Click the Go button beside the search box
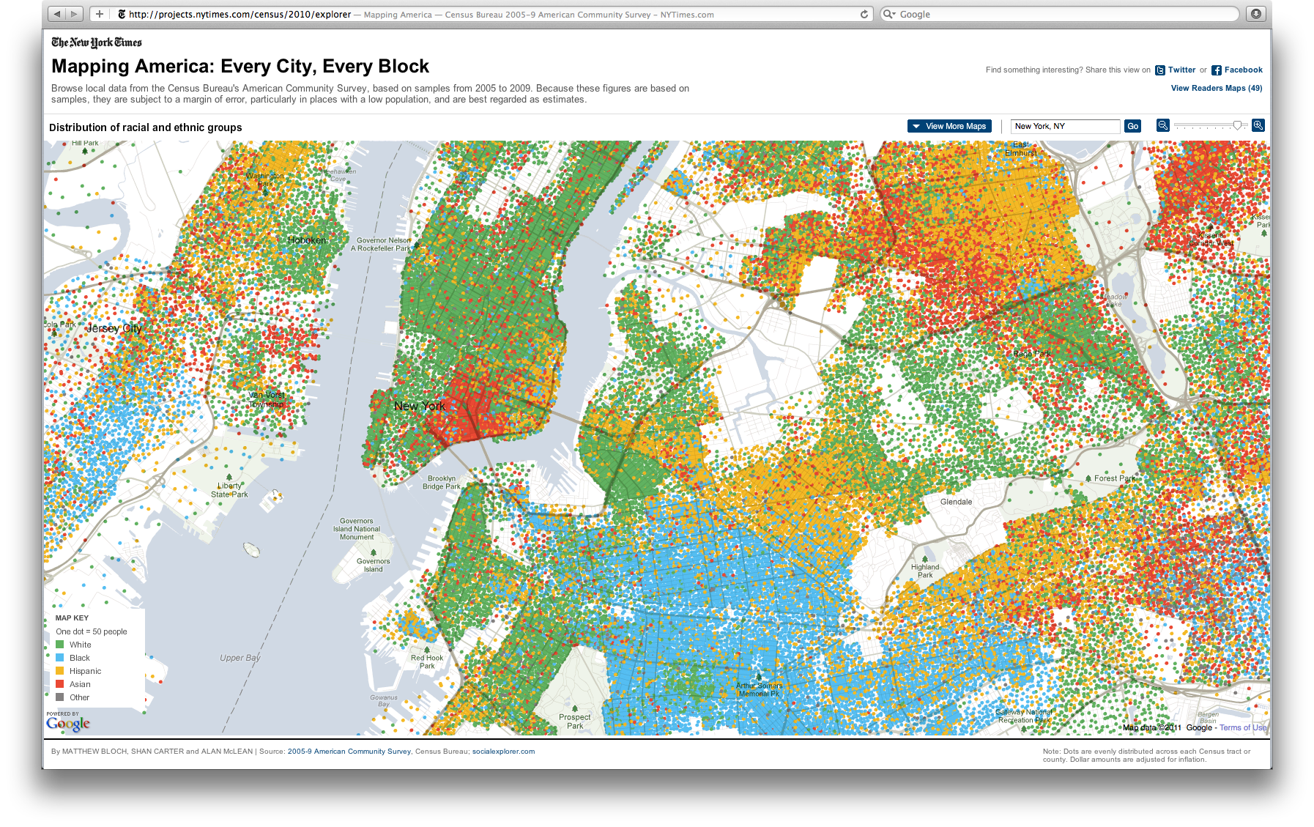point(1132,126)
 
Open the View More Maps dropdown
point(949,126)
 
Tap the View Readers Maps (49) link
point(1216,88)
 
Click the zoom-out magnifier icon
point(1162,125)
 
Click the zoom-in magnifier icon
point(1258,125)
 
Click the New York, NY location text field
point(1065,126)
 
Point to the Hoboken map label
point(307,240)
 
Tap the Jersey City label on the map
point(114,328)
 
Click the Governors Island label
point(373,565)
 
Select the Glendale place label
point(956,502)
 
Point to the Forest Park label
point(1114,478)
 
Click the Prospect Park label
point(574,722)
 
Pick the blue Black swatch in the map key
point(60,658)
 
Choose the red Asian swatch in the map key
point(60,684)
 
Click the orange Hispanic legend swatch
point(60,671)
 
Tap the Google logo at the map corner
point(68,724)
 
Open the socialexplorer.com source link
point(503,752)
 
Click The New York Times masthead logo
point(97,42)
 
